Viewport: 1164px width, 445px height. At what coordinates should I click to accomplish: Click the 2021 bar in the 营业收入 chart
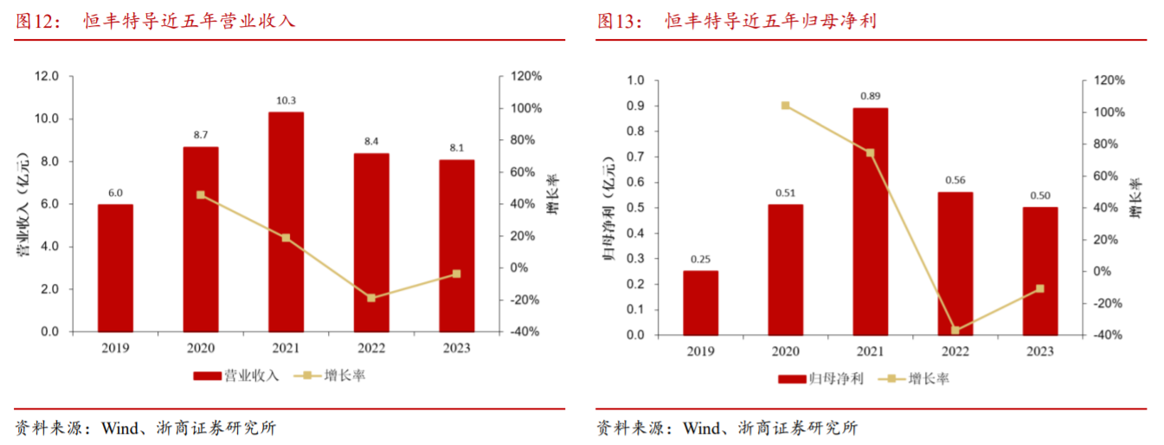[x=286, y=222]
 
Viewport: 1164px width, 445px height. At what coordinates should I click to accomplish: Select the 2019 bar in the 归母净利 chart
[x=700, y=302]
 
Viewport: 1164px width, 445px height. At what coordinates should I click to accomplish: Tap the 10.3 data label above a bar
[x=286, y=100]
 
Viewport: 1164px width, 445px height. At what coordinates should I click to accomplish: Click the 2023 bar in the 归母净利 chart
[x=1039, y=270]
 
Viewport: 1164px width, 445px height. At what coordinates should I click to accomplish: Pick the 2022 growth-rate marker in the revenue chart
[x=371, y=298]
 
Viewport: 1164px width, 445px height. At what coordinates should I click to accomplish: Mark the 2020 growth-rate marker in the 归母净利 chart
[x=785, y=106]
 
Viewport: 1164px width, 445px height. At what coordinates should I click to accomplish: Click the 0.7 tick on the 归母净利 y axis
[x=636, y=157]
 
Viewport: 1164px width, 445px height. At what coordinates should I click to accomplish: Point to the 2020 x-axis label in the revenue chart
[x=200, y=348]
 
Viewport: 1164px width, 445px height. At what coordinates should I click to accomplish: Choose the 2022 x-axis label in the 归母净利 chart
[x=955, y=351]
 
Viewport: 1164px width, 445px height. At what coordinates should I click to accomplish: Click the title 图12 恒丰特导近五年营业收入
[x=156, y=21]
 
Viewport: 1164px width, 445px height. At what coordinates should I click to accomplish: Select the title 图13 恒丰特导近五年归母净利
[x=736, y=21]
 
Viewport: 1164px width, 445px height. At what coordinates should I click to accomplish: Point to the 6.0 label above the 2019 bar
[x=115, y=193]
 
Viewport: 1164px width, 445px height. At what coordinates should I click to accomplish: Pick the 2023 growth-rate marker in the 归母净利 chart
[x=1039, y=288]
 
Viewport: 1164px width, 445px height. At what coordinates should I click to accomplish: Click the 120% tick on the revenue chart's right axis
[x=525, y=76]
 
